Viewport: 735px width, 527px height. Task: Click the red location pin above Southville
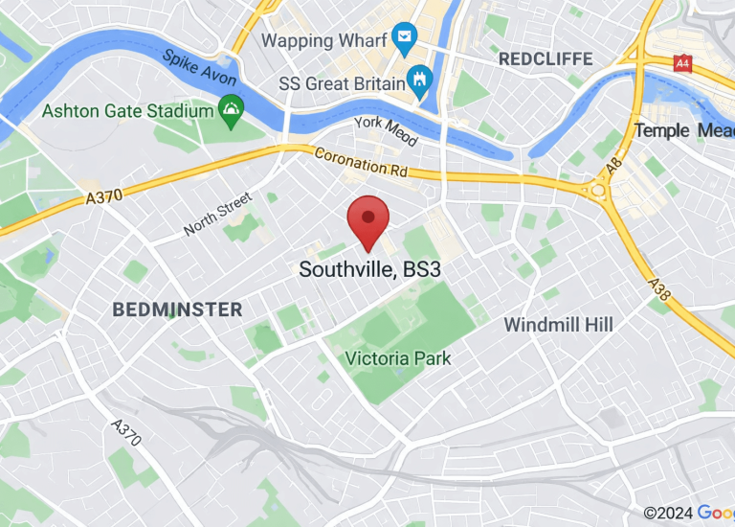[x=368, y=219]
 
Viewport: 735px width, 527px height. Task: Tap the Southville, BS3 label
[x=369, y=269]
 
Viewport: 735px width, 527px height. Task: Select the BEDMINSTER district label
[x=177, y=309]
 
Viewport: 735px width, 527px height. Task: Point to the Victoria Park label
[x=398, y=358]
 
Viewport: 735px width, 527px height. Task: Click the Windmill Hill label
[x=558, y=325]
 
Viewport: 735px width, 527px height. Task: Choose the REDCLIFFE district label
[x=546, y=59]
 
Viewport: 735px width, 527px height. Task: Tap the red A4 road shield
[x=682, y=63]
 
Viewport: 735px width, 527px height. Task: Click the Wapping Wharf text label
[x=324, y=40]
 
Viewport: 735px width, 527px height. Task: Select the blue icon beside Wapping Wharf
[x=406, y=41]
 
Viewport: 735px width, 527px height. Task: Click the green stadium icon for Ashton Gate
[x=231, y=110]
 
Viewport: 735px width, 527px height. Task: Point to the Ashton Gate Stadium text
[x=127, y=111]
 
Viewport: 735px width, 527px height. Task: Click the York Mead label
[x=386, y=131]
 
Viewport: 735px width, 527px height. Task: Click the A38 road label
[x=658, y=289]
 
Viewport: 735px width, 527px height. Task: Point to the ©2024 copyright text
[x=667, y=514]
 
